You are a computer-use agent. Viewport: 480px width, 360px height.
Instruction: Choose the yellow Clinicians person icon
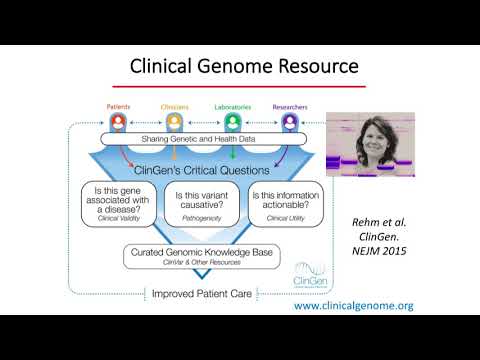click(175, 121)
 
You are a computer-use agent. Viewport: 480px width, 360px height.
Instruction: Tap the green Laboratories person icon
click(232, 121)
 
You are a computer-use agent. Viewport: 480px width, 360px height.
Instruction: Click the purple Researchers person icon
click(291, 121)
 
